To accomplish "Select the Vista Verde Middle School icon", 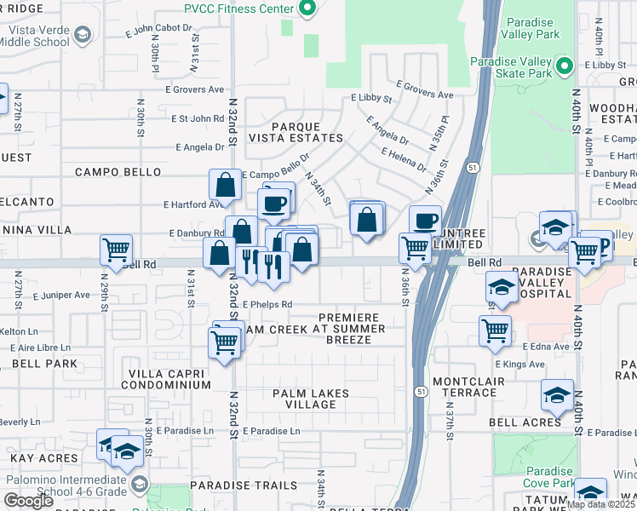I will (83, 34).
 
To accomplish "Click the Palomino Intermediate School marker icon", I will (136, 484).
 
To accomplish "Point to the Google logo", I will (28, 501).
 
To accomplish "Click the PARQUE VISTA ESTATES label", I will (296, 130).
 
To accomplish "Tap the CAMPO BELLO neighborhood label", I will (118, 172).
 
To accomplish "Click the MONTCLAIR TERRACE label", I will (465, 387).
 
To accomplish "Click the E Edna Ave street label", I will (544, 347).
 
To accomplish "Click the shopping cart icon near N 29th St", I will (116, 250).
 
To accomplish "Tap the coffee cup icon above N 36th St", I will (425, 221).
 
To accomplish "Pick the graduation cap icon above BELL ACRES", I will (557, 394).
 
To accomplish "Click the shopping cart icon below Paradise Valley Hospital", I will (495, 330).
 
